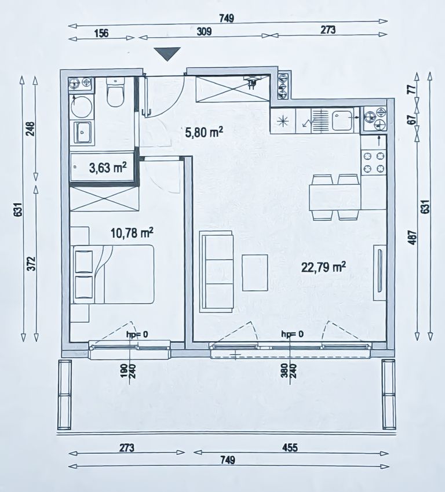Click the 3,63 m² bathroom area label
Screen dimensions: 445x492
pos(108,168)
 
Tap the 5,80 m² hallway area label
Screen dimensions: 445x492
pos(205,132)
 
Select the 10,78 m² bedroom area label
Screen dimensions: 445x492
pos(132,233)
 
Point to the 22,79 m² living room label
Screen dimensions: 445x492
pos(323,267)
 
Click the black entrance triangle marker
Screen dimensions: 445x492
pos(167,54)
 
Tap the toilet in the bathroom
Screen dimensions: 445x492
pos(116,92)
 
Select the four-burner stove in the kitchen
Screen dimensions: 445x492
pos(374,162)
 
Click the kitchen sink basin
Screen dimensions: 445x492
pos(342,120)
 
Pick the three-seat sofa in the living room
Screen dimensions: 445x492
pos(217,271)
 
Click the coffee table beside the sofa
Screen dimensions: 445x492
pos(255,273)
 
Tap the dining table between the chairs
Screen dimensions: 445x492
pos(334,198)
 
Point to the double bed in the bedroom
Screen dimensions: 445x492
pos(114,274)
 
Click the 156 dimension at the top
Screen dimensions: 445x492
pos(101,33)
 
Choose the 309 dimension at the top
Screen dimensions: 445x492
pos(204,31)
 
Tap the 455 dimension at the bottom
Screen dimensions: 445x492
pos(290,447)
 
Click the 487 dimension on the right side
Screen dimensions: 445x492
pos(413,238)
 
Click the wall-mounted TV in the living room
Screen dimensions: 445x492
pos(380,272)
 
